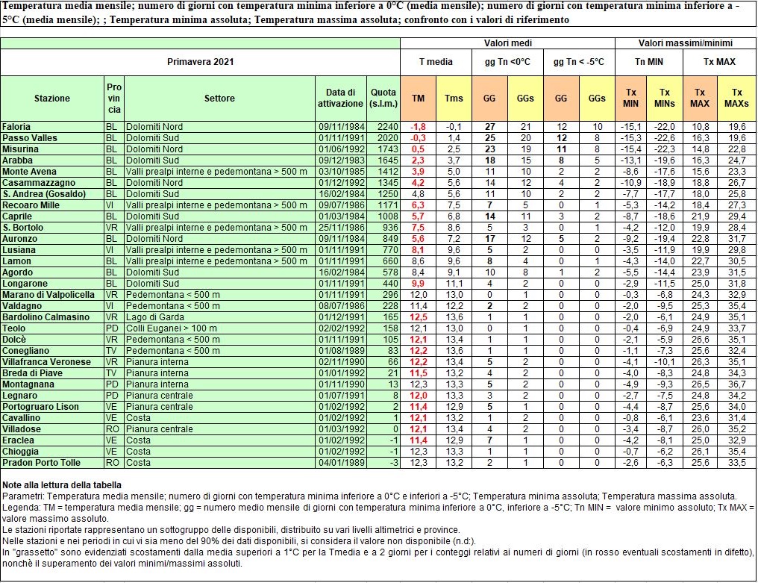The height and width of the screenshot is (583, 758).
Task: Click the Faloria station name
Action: point(16,126)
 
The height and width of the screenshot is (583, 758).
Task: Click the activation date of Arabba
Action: point(341,160)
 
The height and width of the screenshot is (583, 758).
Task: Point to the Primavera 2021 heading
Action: point(201,62)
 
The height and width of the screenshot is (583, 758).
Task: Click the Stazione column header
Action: point(52,98)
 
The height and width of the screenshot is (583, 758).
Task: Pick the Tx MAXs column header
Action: point(736,98)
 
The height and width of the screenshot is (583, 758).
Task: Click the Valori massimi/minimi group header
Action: point(685,43)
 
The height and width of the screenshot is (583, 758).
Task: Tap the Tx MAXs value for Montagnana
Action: point(737,384)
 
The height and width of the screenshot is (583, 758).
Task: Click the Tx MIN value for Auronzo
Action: point(630,239)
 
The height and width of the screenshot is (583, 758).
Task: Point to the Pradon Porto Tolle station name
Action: point(41,462)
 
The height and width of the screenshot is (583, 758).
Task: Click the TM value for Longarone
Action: point(419,284)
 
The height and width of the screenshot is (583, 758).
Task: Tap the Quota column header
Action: point(383,98)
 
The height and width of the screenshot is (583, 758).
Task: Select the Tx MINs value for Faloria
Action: point(664,126)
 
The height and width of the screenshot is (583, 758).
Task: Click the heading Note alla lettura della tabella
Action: point(60,485)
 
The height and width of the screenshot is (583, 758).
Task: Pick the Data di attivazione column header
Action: point(341,98)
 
